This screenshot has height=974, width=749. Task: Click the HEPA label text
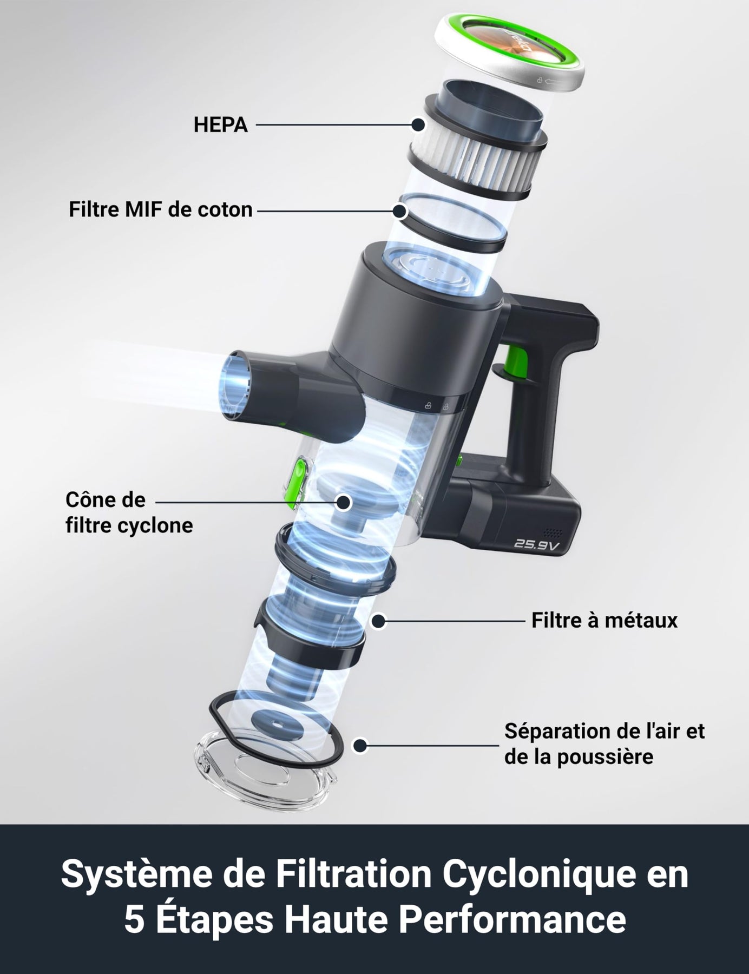click(221, 125)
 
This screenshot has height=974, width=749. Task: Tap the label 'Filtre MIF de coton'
click(161, 209)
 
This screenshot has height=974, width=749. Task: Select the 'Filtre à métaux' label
click(604, 620)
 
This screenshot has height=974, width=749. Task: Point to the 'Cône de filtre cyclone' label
click(129, 512)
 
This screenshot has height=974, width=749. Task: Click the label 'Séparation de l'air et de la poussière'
click(605, 743)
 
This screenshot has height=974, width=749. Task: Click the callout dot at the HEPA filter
click(418, 125)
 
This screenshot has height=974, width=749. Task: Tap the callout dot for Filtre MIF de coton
click(400, 210)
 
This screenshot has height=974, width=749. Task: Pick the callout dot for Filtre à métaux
click(379, 621)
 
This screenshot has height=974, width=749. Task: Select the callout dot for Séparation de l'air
click(359, 746)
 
